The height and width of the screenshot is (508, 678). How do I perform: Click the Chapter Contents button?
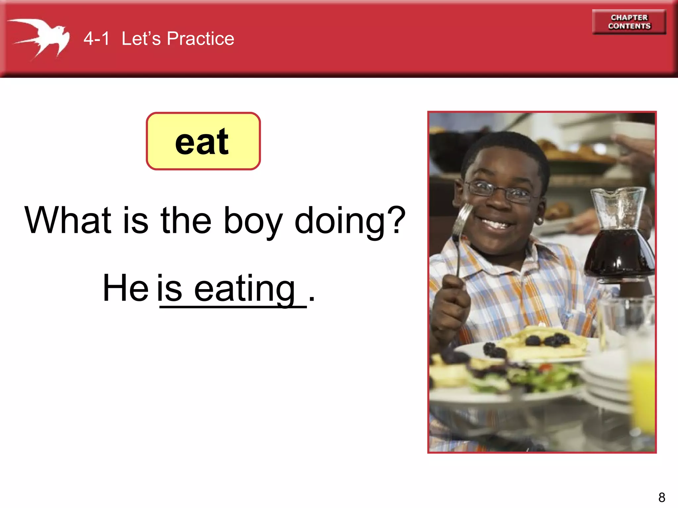click(629, 22)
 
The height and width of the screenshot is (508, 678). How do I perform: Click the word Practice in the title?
click(201, 38)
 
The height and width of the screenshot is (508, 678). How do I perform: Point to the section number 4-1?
click(96, 38)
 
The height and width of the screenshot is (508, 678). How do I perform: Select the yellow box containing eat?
click(203, 141)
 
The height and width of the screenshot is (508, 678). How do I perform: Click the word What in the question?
click(68, 220)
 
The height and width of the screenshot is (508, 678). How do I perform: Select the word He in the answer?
click(125, 288)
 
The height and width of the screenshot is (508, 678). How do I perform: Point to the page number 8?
click(662, 497)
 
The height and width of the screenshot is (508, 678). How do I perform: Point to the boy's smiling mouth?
click(497, 223)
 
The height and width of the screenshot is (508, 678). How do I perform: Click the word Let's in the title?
click(141, 38)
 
